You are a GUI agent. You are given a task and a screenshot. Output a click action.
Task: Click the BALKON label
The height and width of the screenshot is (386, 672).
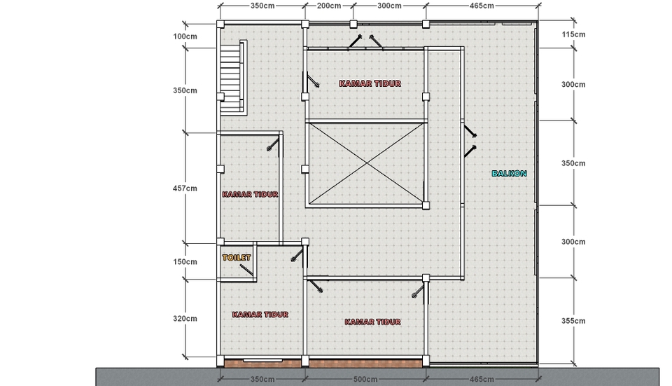tap(509, 173)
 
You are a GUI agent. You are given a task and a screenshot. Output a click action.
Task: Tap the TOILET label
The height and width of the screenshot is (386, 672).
tap(237, 258)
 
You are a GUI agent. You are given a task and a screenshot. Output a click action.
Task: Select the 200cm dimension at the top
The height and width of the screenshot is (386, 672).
tap(328, 6)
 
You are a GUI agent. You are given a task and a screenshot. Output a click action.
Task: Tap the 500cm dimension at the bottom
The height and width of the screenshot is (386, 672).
tap(365, 379)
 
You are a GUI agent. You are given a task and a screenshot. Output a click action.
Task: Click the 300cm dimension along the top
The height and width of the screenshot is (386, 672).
tap(389, 6)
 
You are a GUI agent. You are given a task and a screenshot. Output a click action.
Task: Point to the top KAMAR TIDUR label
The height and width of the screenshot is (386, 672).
tap(370, 83)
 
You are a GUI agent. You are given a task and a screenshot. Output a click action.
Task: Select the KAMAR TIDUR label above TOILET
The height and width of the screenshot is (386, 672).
tap(251, 194)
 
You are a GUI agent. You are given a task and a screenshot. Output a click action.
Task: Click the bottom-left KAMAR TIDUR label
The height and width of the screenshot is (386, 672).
tap(260, 315)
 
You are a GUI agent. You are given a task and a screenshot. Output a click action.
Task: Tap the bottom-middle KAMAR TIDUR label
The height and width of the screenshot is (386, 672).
tap(373, 322)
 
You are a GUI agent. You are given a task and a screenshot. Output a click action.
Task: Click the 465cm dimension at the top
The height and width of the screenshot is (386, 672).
tap(482, 6)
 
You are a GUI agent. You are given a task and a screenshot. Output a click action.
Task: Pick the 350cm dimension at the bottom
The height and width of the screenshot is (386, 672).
tap(262, 379)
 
